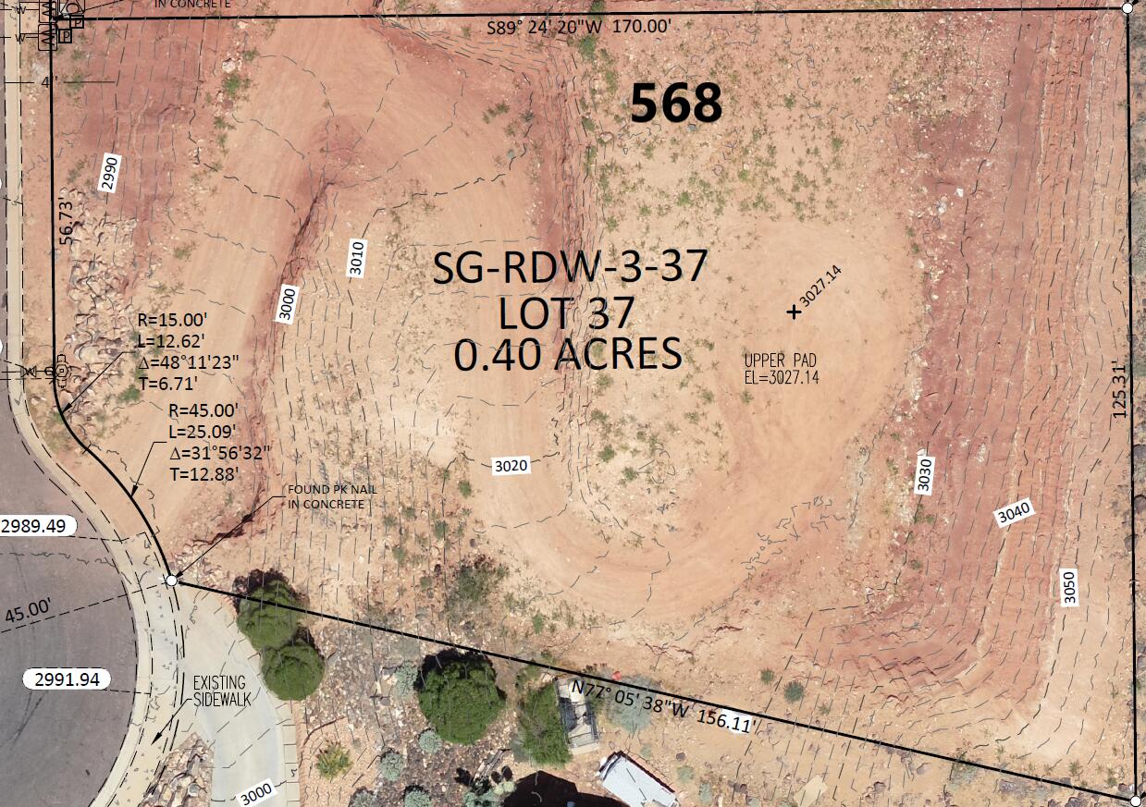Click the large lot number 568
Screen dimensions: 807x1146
coord(676,104)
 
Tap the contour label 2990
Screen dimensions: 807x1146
coord(110,173)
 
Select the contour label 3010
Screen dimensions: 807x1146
coord(358,258)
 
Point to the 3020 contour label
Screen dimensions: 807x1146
coord(511,466)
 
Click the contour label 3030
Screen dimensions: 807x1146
coord(924,473)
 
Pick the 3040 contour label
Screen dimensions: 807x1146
coord(1014,514)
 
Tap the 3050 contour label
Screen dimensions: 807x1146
coord(1070,587)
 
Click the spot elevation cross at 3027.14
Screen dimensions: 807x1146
coord(794,312)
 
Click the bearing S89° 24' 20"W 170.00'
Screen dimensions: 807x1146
coord(579,28)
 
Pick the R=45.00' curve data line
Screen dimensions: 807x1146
coord(204,410)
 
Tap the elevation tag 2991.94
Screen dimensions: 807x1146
coord(67,679)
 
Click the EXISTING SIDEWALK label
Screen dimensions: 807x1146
coord(220,691)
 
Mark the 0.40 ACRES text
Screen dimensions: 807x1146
coord(568,355)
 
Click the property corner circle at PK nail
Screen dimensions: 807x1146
coord(171,581)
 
